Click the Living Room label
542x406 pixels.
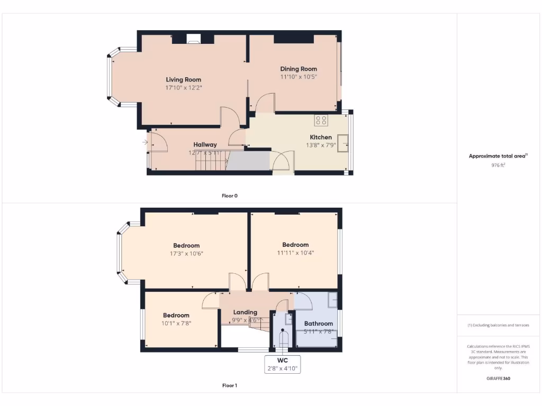[183, 80]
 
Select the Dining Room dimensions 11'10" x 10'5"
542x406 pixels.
[299, 77]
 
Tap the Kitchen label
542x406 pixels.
[321, 137]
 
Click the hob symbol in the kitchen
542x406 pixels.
[321, 120]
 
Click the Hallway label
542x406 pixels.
[205, 144]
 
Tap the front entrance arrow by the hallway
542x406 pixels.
[145, 142]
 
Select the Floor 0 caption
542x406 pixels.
[229, 196]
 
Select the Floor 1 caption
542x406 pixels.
[229, 385]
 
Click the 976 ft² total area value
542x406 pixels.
[499, 165]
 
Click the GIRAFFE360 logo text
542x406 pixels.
[498, 379]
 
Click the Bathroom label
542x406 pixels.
[318, 324]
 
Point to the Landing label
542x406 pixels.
[245, 312]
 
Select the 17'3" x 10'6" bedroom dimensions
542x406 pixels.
[186, 253]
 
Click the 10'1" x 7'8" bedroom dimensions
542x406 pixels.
[176, 322]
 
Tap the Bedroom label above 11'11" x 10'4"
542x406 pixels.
[295, 245]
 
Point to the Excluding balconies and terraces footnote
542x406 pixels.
[498, 325]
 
